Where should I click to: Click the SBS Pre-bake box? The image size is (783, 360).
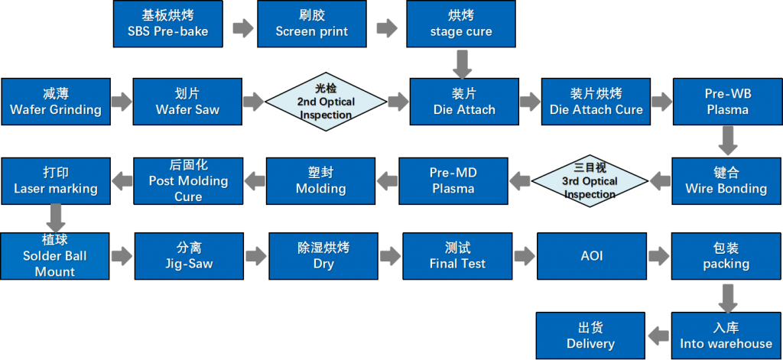pos(168,24)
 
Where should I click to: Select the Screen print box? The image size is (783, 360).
pos(312,24)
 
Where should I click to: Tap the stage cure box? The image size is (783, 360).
pos(461,24)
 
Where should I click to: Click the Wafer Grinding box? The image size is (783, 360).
pos(56,102)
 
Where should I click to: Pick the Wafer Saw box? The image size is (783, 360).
pos(187,102)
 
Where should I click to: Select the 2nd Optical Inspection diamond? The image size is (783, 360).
pos(326,102)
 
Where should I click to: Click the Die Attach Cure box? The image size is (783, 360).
pos(596,102)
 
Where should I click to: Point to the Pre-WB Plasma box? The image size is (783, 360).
pos(727,102)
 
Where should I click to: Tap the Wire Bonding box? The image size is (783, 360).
pos(726,181)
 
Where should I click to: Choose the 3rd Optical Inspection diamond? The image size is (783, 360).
pos(590,181)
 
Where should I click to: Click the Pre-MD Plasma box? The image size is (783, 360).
pos(453,181)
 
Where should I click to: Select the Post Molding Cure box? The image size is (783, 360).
pos(188,181)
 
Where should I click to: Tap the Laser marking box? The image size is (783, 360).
pos(56,181)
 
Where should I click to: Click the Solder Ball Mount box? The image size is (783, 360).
pos(55,256)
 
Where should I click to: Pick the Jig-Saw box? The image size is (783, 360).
pos(189,256)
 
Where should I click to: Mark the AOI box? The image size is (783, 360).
pos(592,256)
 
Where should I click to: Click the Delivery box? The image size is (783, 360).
pos(590,336)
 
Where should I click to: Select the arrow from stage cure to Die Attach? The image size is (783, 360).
pos(461,64)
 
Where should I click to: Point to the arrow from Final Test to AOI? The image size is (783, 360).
pos(525,256)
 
